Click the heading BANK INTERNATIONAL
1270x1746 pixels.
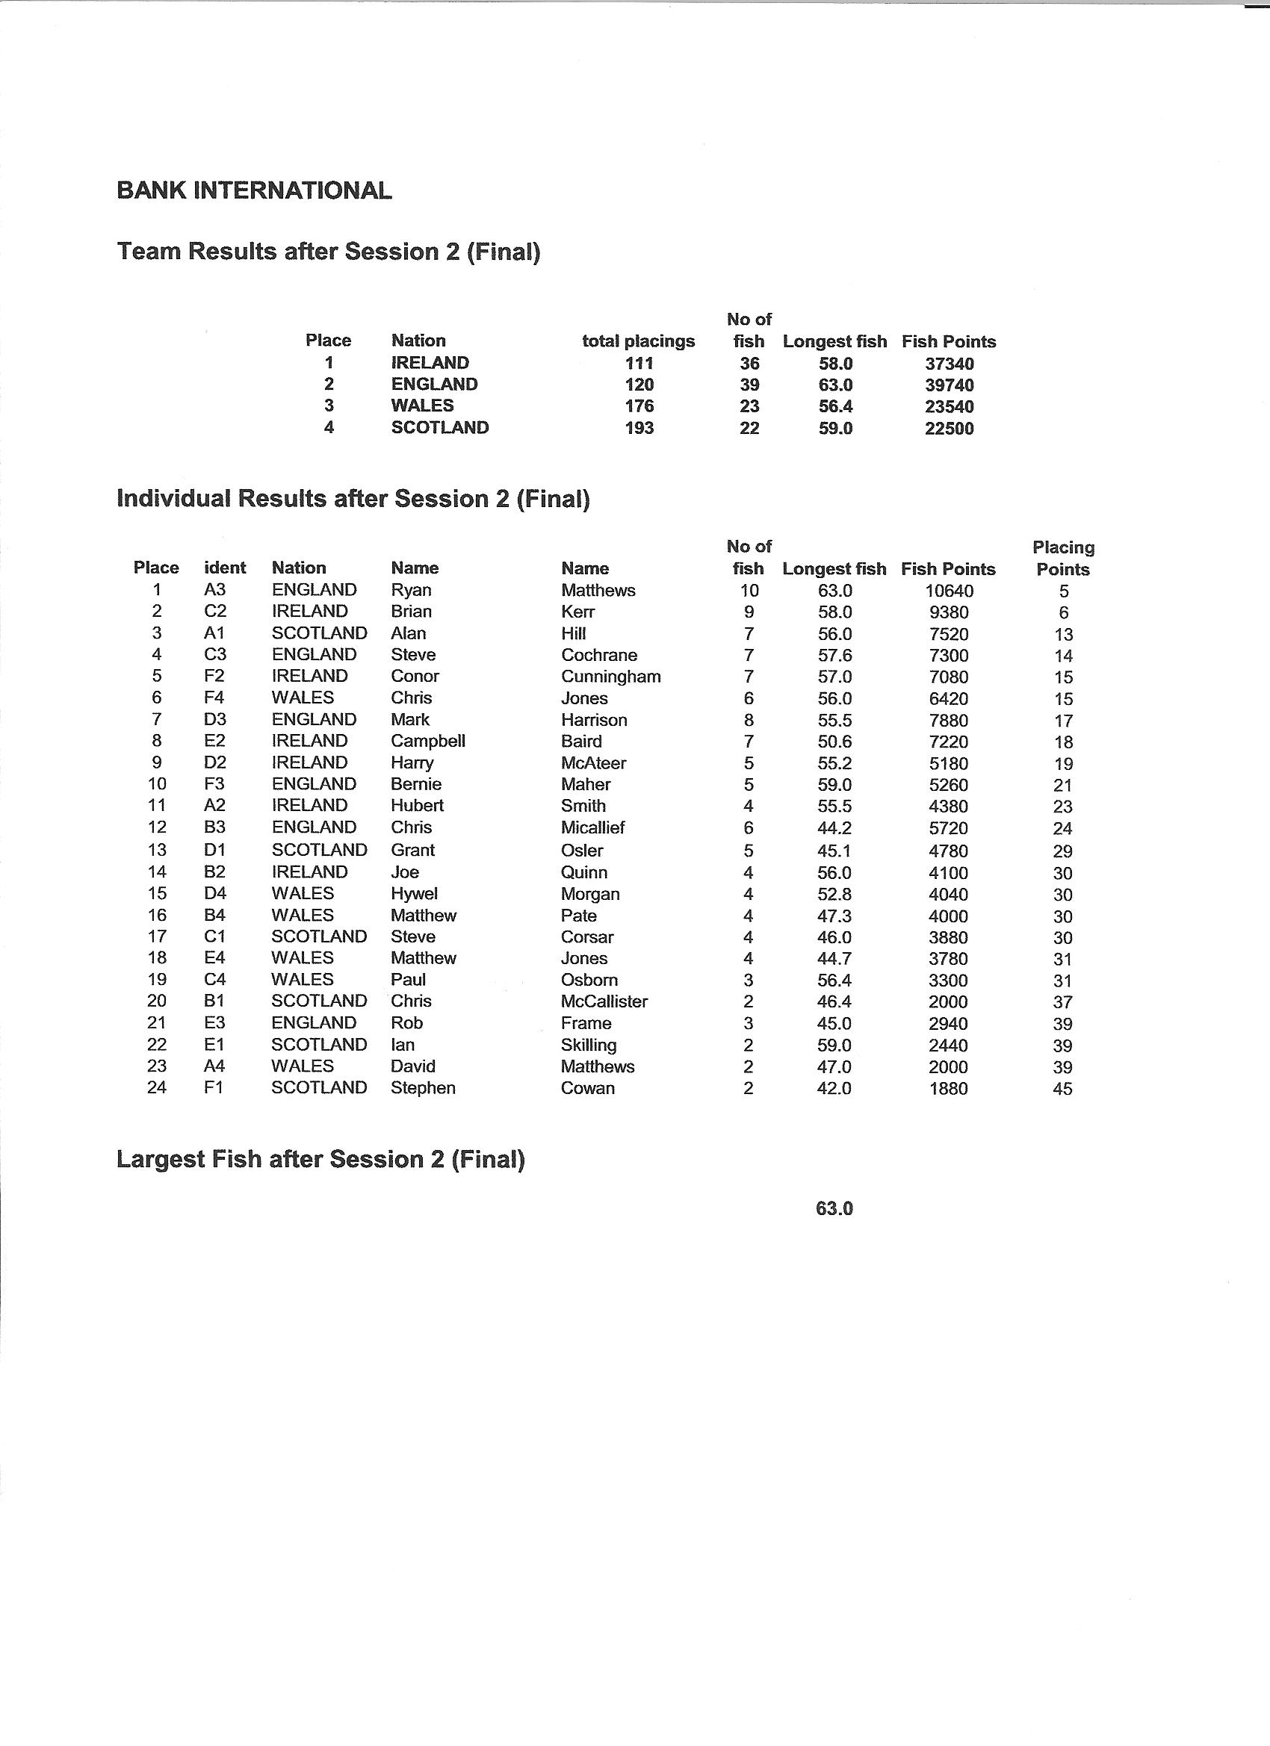254,190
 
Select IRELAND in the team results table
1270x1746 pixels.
430,363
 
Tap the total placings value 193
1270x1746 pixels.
639,428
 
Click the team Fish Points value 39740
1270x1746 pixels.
949,385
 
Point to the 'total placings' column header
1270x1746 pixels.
639,341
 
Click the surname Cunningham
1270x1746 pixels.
611,677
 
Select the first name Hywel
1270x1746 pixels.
414,894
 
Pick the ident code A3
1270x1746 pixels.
215,590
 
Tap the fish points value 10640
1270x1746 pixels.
949,591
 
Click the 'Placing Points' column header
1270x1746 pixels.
1063,558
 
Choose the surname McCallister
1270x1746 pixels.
604,1001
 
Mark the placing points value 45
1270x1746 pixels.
1063,1089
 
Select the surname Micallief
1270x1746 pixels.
593,827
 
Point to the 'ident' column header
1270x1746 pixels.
225,568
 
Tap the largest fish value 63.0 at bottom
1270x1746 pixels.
834,1208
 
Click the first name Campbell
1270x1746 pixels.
427,741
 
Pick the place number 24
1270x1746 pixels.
156,1088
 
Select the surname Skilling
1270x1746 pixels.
589,1046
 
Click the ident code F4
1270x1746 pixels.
215,698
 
